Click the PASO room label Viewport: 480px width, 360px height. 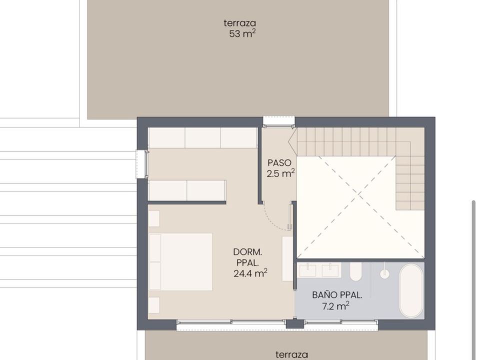tap(279, 162)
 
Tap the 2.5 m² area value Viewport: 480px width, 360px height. tap(280, 173)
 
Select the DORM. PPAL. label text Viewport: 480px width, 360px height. tap(247, 257)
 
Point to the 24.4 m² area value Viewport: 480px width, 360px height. tap(250, 273)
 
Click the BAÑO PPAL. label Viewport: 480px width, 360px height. tap(337, 295)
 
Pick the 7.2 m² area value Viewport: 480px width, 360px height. tap(336, 306)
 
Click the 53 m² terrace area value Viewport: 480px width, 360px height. tap(242, 33)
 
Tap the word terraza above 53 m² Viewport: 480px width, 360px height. tap(239, 23)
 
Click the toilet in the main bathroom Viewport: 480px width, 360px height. tap(355, 271)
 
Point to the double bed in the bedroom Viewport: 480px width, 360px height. tap(180, 261)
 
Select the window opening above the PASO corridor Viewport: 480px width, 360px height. tap(279, 120)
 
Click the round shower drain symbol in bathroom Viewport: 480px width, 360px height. tap(384, 273)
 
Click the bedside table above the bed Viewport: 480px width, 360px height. tap(154, 218)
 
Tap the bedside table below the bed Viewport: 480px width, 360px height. tap(154, 305)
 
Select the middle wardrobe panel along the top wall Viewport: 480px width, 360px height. tap(202, 138)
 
